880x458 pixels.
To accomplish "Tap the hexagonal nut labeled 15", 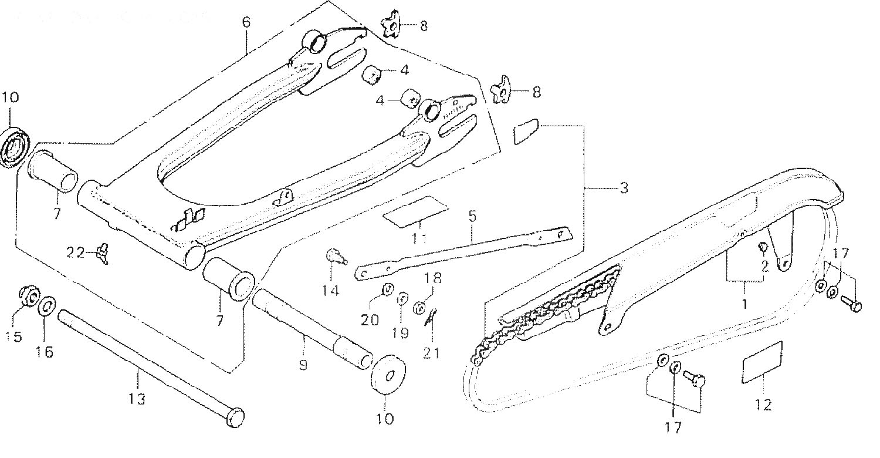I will pyautogui.click(x=28, y=295).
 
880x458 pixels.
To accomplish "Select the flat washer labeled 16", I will pyautogui.click(x=47, y=307).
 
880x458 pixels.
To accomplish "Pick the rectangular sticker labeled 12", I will pyautogui.click(x=762, y=362).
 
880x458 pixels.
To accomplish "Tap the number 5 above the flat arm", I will pyautogui.click(x=472, y=215).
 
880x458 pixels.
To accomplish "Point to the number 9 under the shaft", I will pyautogui.click(x=303, y=364).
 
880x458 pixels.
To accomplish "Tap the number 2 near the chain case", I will pyautogui.click(x=764, y=266).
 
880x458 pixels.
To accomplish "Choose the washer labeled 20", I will pyautogui.click(x=387, y=289).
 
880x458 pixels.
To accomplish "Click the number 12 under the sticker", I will pyautogui.click(x=763, y=405).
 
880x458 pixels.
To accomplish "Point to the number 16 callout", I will pyautogui.click(x=44, y=352).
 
